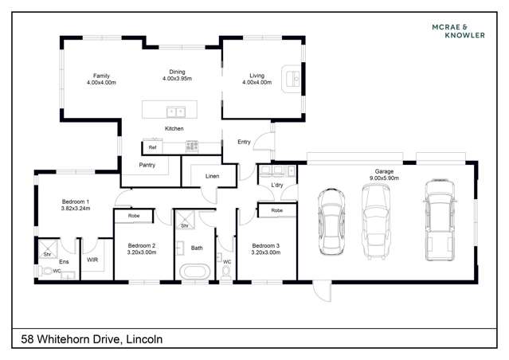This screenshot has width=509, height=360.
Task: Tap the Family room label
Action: pos(101,76)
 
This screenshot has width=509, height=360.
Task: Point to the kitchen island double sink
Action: pos(175,111)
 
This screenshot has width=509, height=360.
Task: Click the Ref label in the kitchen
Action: pos(152,147)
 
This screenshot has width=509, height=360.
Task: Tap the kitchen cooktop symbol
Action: pos(191,147)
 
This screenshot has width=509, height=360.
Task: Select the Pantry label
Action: pos(147,165)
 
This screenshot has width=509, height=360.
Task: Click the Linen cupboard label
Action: pos(212,175)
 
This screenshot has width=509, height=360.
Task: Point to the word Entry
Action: pos(245,142)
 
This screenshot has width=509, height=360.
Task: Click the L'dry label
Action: pos(277,186)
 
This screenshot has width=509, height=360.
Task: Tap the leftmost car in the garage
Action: pos(332,222)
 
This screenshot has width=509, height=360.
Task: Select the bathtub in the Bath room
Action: pos(195,271)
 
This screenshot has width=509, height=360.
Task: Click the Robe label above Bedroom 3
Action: pos(276,210)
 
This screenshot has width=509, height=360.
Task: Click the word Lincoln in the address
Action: pos(145,339)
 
